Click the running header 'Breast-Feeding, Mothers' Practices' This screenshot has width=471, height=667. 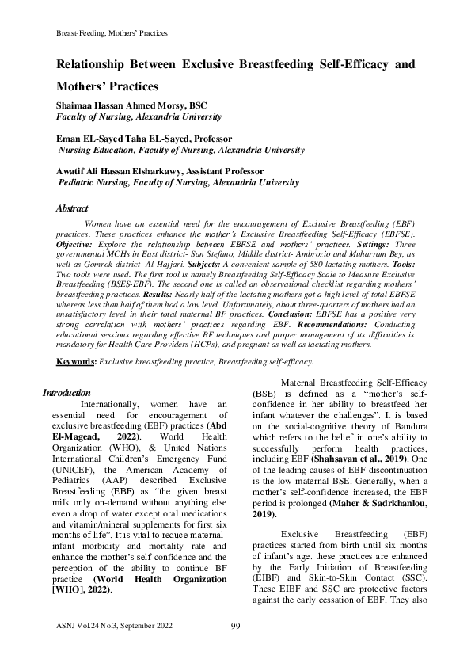click(111, 33)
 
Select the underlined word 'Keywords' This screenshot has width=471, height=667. click(75, 361)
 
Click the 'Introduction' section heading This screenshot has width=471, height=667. click(66, 392)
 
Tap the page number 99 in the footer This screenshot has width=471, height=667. click(235, 650)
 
